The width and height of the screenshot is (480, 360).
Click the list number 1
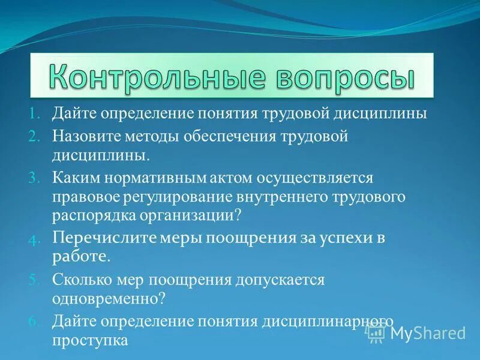(34, 114)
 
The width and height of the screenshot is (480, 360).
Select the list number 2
(34, 137)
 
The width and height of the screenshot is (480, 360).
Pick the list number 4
(34, 239)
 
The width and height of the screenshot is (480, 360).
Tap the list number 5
(34, 280)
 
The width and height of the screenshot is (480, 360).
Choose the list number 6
(34, 321)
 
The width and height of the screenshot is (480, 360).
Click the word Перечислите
(104, 238)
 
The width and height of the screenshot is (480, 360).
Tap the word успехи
(336, 238)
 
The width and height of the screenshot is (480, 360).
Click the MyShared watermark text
(428, 333)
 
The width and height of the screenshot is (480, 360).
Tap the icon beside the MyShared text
(377, 331)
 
